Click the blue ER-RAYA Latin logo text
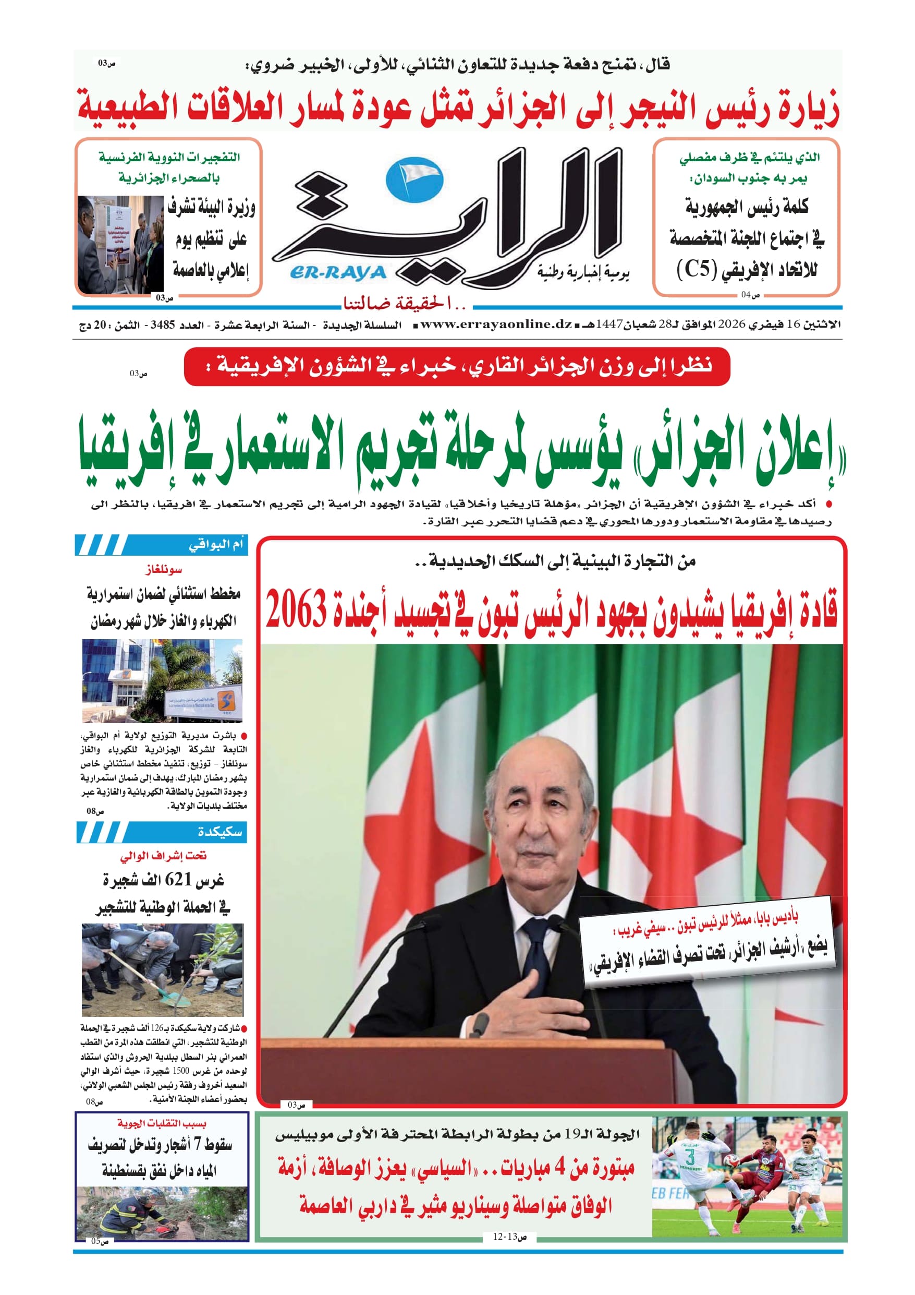pos(338,273)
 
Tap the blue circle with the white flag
pos(414,179)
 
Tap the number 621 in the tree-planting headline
pos(179,879)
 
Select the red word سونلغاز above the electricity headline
pos(163,570)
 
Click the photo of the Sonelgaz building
pos(162,680)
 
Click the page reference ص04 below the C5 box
pos(750,294)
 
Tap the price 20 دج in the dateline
pos(93,326)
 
